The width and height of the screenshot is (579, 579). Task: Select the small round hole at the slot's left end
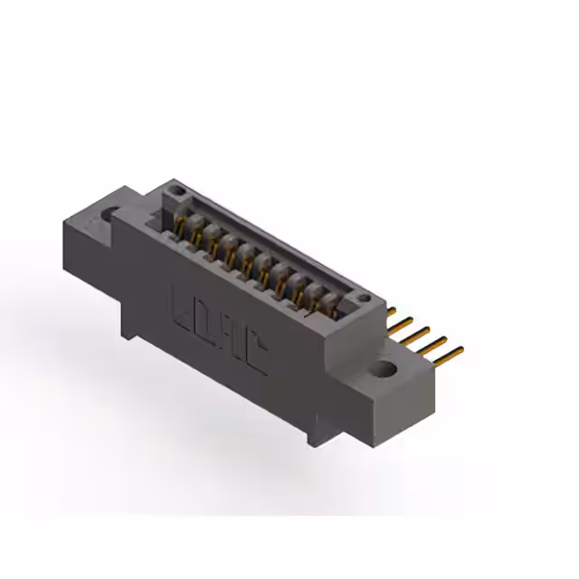click(x=179, y=192)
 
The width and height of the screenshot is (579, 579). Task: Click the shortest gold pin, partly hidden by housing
click(x=392, y=311)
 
